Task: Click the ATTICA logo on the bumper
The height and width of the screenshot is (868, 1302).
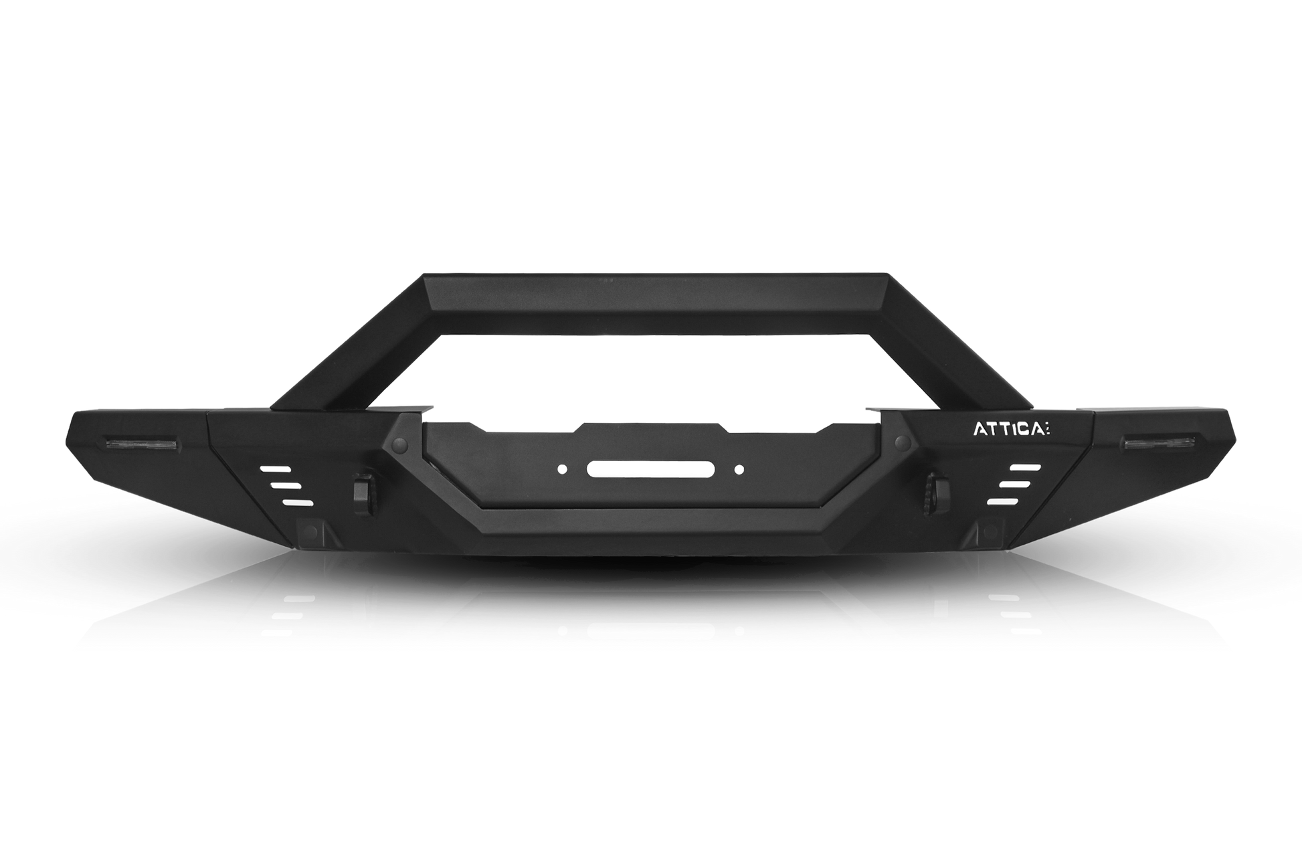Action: coord(1010,430)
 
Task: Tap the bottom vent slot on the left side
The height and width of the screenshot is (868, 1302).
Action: coord(298,502)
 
